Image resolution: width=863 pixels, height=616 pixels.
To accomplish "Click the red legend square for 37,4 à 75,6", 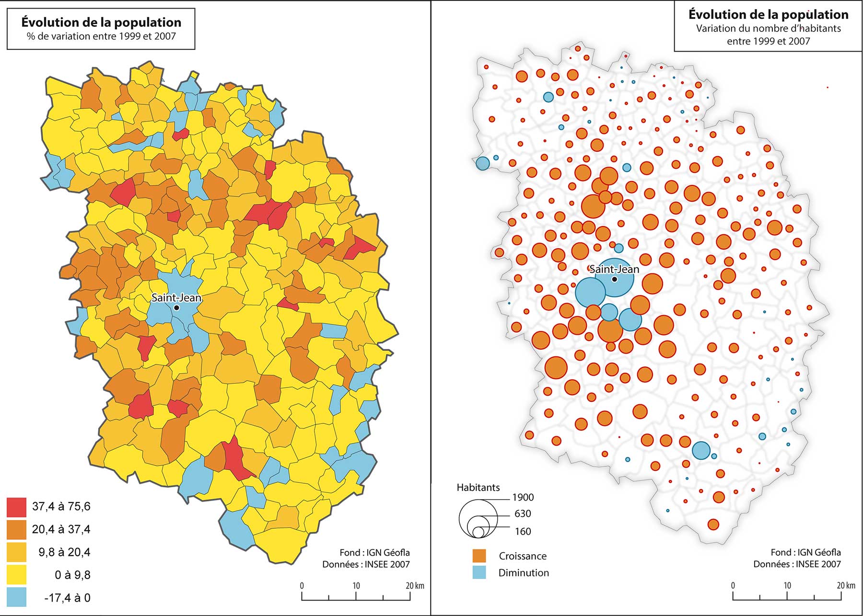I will [17, 507].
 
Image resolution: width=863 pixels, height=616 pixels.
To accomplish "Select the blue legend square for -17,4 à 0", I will [17, 597].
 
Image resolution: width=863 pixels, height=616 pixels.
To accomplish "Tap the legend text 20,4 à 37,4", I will [61, 529].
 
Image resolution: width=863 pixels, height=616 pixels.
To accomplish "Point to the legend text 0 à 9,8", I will [72, 575].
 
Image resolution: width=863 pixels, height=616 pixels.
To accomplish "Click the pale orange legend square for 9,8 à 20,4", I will [17, 552].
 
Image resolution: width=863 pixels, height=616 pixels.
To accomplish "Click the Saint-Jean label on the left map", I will [176, 297].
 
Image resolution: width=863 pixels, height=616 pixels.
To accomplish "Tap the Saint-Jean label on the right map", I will [614, 269].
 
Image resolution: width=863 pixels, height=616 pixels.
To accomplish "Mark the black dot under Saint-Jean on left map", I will [176, 308].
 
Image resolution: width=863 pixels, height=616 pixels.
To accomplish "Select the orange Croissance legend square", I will [479, 556].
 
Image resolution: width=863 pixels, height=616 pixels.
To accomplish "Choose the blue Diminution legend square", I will [479, 572].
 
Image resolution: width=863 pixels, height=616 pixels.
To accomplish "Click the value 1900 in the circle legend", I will [523, 497].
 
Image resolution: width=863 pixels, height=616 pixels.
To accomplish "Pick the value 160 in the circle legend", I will [523, 531].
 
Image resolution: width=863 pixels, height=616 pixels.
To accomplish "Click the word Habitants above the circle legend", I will [478, 488].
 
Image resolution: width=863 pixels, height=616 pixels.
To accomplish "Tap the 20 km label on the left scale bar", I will [415, 585].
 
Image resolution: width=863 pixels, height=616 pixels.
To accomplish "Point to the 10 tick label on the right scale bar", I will [787, 585].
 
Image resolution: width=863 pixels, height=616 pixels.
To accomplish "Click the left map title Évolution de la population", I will [101, 22].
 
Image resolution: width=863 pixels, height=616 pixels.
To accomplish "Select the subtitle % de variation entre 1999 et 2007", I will [101, 36].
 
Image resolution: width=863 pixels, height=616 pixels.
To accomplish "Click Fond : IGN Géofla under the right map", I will [805, 552].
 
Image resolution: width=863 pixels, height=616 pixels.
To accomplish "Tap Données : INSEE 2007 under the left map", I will [366, 564].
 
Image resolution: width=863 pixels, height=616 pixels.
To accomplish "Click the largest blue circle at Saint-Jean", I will [614, 278].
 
